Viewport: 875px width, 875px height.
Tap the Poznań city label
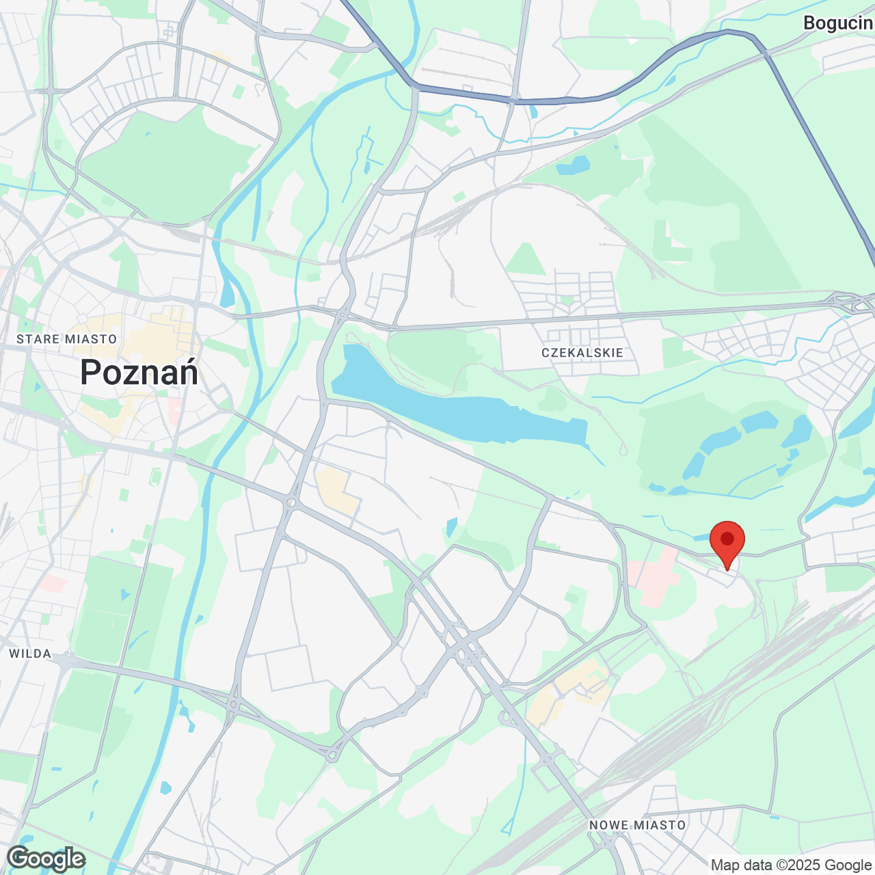click(139, 373)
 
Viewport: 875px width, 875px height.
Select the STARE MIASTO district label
click(67, 339)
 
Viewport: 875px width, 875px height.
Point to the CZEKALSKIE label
click(582, 353)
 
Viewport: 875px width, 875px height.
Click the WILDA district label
click(30, 654)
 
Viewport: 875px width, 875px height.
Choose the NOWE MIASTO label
click(638, 825)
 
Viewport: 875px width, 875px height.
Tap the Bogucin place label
click(838, 23)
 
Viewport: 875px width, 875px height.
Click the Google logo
click(46, 859)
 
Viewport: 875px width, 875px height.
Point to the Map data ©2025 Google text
click(791, 865)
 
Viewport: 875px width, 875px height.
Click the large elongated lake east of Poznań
click(451, 403)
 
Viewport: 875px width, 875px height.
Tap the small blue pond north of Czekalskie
click(573, 165)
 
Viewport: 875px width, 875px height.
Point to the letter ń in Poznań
click(187, 373)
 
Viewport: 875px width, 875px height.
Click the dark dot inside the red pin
click(727, 539)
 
